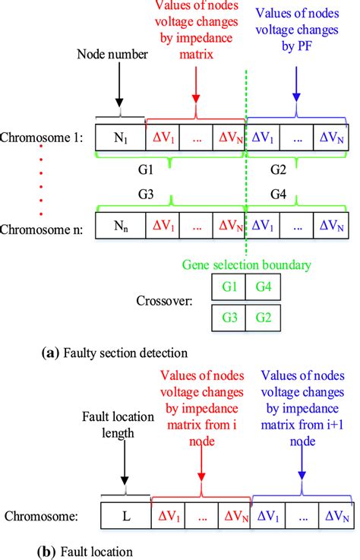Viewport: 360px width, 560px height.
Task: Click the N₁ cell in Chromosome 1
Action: [x=120, y=138]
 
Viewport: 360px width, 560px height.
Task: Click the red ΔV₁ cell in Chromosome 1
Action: [x=162, y=138]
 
